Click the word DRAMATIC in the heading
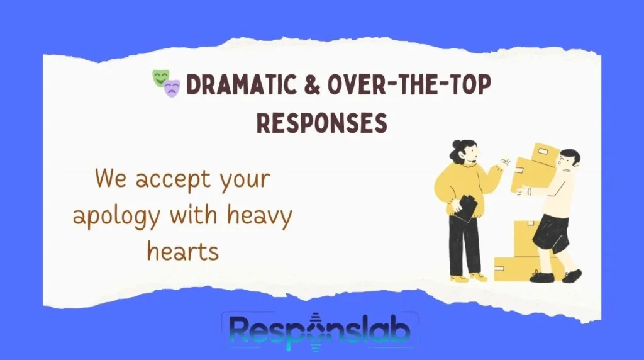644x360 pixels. coord(241,85)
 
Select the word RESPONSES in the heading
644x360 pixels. coord(321,123)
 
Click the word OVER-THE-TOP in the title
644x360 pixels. coord(409,85)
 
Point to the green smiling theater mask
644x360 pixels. coord(160,77)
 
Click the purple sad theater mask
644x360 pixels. coord(172,88)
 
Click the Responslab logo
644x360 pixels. coord(319,331)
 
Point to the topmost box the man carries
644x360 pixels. coord(545,154)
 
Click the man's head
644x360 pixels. coord(569,160)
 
